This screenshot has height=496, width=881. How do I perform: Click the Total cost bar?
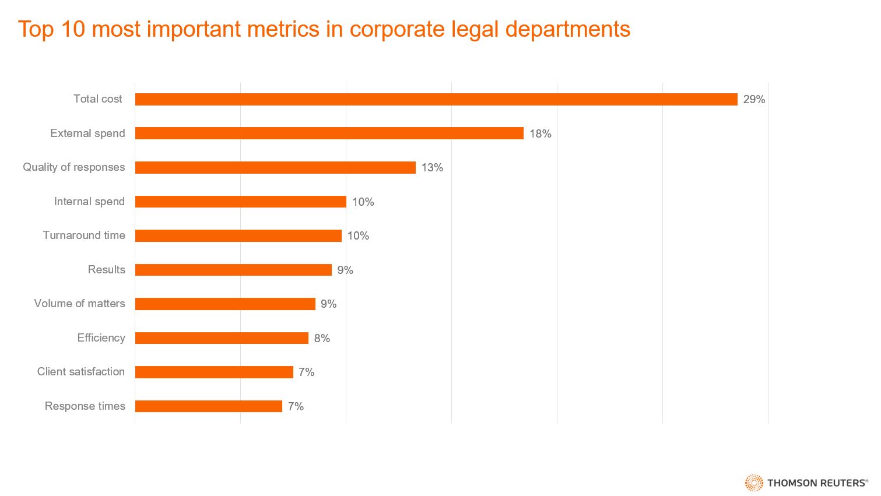tap(436, 100)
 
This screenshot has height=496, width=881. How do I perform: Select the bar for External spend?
tap(329, 133)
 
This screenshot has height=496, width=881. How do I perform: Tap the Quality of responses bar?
tap(275, 168)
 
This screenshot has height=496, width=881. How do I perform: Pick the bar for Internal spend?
tap(241, 202)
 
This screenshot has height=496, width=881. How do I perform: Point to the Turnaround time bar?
tap(238, 236)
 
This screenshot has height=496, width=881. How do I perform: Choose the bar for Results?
tap(233, 270)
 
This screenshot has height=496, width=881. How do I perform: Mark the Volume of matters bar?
tap(225, 304)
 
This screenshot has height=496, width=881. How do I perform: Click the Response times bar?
tap(209, 406)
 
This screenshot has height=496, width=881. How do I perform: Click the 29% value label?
tap(754, 100)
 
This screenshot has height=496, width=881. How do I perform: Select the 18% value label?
tap(540, 134)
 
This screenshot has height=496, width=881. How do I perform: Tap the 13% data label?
tap(432, 168)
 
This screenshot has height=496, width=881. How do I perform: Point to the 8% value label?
tap(322, 339)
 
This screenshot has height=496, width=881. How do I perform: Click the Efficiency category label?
tap(101, 338)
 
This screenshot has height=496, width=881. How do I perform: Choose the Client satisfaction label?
tap(81, 372)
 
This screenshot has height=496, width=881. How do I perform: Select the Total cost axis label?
tap(98, 99)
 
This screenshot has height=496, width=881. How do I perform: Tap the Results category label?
tap(106, 270)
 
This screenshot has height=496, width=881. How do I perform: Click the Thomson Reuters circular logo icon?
tap(754, 483)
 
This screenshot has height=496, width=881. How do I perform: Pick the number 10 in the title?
tap(73, 29)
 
